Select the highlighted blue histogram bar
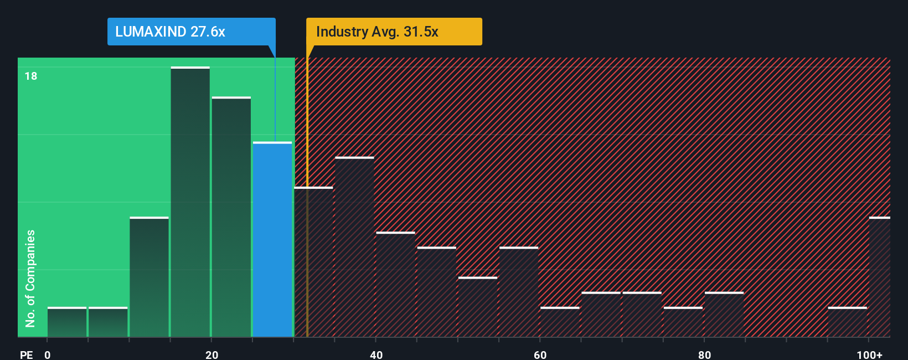(x=272, y=239)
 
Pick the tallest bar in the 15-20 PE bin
(x=190, y=202)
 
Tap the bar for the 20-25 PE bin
(x=231, y=217)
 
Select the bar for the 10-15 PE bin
(x=149, y=277)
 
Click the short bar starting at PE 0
(x=67, y=322)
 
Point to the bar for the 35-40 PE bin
(x=354, y=247)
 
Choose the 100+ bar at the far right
(x=879, y=277)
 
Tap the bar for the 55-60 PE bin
(x=519, y=292)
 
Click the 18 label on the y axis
(x=31, y=76)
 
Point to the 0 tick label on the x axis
(x=48, y=354)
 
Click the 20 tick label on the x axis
(x=211, y=354)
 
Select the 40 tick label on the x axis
(x=376, y=354)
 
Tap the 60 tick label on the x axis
(x=540, y=354)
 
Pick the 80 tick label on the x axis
(x=704, y=354)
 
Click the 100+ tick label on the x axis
(x=869, y=354)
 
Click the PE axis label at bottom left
(x=26, y=354)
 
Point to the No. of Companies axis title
(x=30, y=278)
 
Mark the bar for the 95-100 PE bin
(x=847, y=322)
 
